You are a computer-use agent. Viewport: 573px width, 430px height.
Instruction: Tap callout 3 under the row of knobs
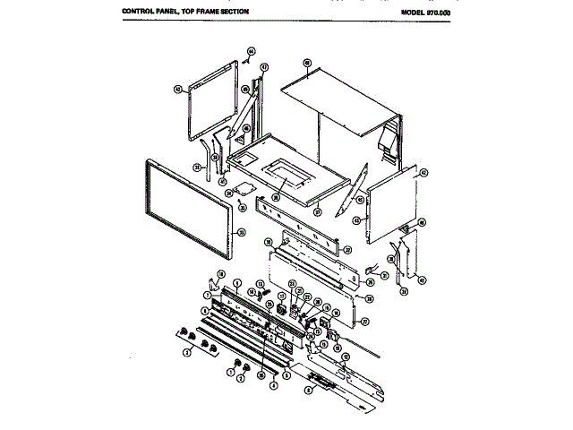186,353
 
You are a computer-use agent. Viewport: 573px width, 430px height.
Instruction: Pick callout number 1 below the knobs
230,370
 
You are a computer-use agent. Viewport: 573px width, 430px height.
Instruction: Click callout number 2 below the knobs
241,379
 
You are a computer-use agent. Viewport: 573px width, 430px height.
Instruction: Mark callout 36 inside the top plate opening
277,193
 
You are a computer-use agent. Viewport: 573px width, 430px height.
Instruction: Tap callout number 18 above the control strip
221,273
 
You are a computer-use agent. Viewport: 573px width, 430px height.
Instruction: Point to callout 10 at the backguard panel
268,243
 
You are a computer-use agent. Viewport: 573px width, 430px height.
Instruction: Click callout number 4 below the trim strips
272,384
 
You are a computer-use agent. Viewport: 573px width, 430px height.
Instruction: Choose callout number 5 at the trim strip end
286,376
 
